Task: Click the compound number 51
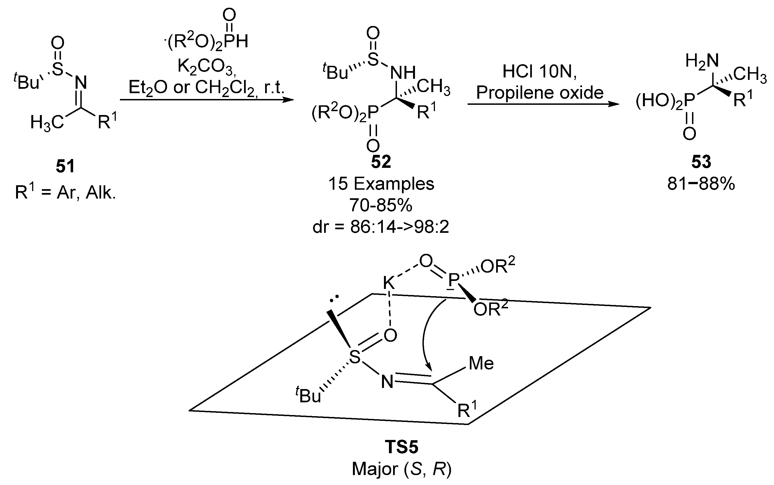pyautogui.click(x=65, y=166)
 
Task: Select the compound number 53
pyautogui.click(x=701, y=162)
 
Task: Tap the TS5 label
pyautogui.click(x=402, y=447)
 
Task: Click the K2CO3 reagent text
pyautogui.click(x=207, y=68)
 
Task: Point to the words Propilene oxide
pyautogui.click(x=540, y=93)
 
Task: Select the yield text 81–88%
pyautogui.click(x=701, y=184)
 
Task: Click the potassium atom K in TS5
pyautogui.click(x=389, y=283)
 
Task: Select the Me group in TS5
pyautogui.click(x=481, y=363)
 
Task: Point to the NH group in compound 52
pyautogui.click(x=403, y=73)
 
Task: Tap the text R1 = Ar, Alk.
pyautogui.click(x=65, y=193)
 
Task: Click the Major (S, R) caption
pyautogui.click(x=402, y=469)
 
